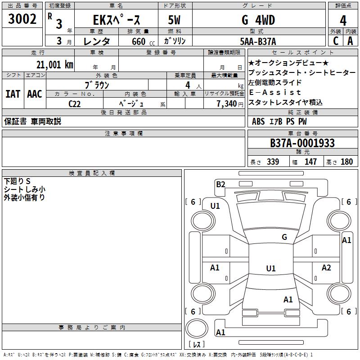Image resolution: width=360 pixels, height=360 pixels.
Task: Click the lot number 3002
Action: click(22, 19)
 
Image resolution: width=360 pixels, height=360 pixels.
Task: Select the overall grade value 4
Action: click(343, 20)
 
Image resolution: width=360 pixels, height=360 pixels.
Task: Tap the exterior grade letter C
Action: click(336, 41)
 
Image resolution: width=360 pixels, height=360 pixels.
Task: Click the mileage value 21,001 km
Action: click(55, 64)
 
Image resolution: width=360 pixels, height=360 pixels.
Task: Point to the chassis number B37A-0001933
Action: click(302, 143)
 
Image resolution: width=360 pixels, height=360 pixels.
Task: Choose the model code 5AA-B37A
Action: click(258, 41)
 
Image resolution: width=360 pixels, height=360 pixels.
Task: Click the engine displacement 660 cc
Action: click(143, 42)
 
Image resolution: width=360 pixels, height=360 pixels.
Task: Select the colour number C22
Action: click(74, 104)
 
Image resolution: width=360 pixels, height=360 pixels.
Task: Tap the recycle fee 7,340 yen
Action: click(230, 104)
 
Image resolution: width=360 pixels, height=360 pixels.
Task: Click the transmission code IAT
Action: click(13, 94)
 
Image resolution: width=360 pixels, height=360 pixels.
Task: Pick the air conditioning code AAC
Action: click(35, 94)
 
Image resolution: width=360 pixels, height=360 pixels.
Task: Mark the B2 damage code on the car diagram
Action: click(220, 184)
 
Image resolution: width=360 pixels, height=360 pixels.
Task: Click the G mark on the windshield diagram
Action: click(284, 237)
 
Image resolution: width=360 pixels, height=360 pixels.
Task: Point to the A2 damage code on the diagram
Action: click(326, 267)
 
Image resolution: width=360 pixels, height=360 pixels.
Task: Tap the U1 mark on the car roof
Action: click(271, 268)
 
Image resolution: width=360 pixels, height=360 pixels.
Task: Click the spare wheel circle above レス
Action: click(197, 328)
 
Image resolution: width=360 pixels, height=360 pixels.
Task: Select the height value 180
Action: click(346, 162)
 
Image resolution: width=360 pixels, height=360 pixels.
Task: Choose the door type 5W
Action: click(174, 20)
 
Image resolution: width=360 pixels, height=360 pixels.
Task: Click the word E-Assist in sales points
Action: click(275, 92)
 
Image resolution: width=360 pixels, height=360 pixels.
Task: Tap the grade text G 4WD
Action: click(258, 20)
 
